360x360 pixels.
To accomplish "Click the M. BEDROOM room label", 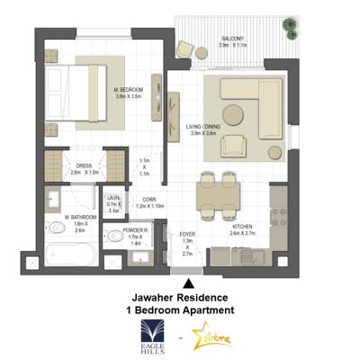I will [x=130, y=90].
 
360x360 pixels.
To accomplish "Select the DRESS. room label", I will [x=85, y=166].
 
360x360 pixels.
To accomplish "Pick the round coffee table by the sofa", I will [x=233, y=114].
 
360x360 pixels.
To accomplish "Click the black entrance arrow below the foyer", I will [x=187, y=282].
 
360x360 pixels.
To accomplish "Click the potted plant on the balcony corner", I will [x=291, y=27].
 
